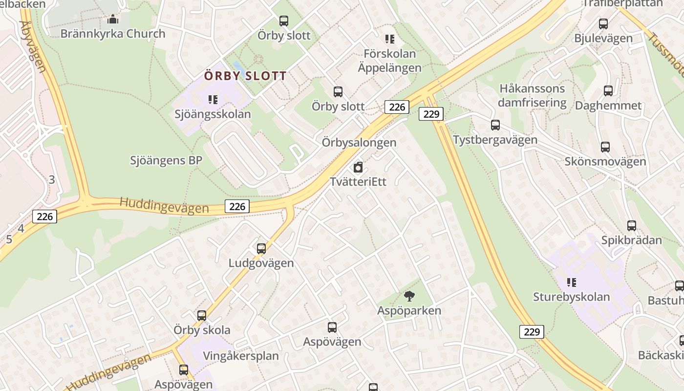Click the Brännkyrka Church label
113,34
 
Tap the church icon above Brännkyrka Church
113,20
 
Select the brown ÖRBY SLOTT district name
245,76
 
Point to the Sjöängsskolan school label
213,114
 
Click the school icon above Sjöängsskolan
213,100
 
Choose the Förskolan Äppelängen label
389,61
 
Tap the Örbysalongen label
359,143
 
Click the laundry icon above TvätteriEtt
358,167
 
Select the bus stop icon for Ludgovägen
261,248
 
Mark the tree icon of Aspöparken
409,296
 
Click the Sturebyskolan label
571,297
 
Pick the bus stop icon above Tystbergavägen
495,125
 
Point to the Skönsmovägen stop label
605,161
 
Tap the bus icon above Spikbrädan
632,226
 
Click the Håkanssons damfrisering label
532,96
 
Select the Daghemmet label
608,106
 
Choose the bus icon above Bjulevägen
603,23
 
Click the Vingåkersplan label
241,355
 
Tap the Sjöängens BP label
166,160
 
